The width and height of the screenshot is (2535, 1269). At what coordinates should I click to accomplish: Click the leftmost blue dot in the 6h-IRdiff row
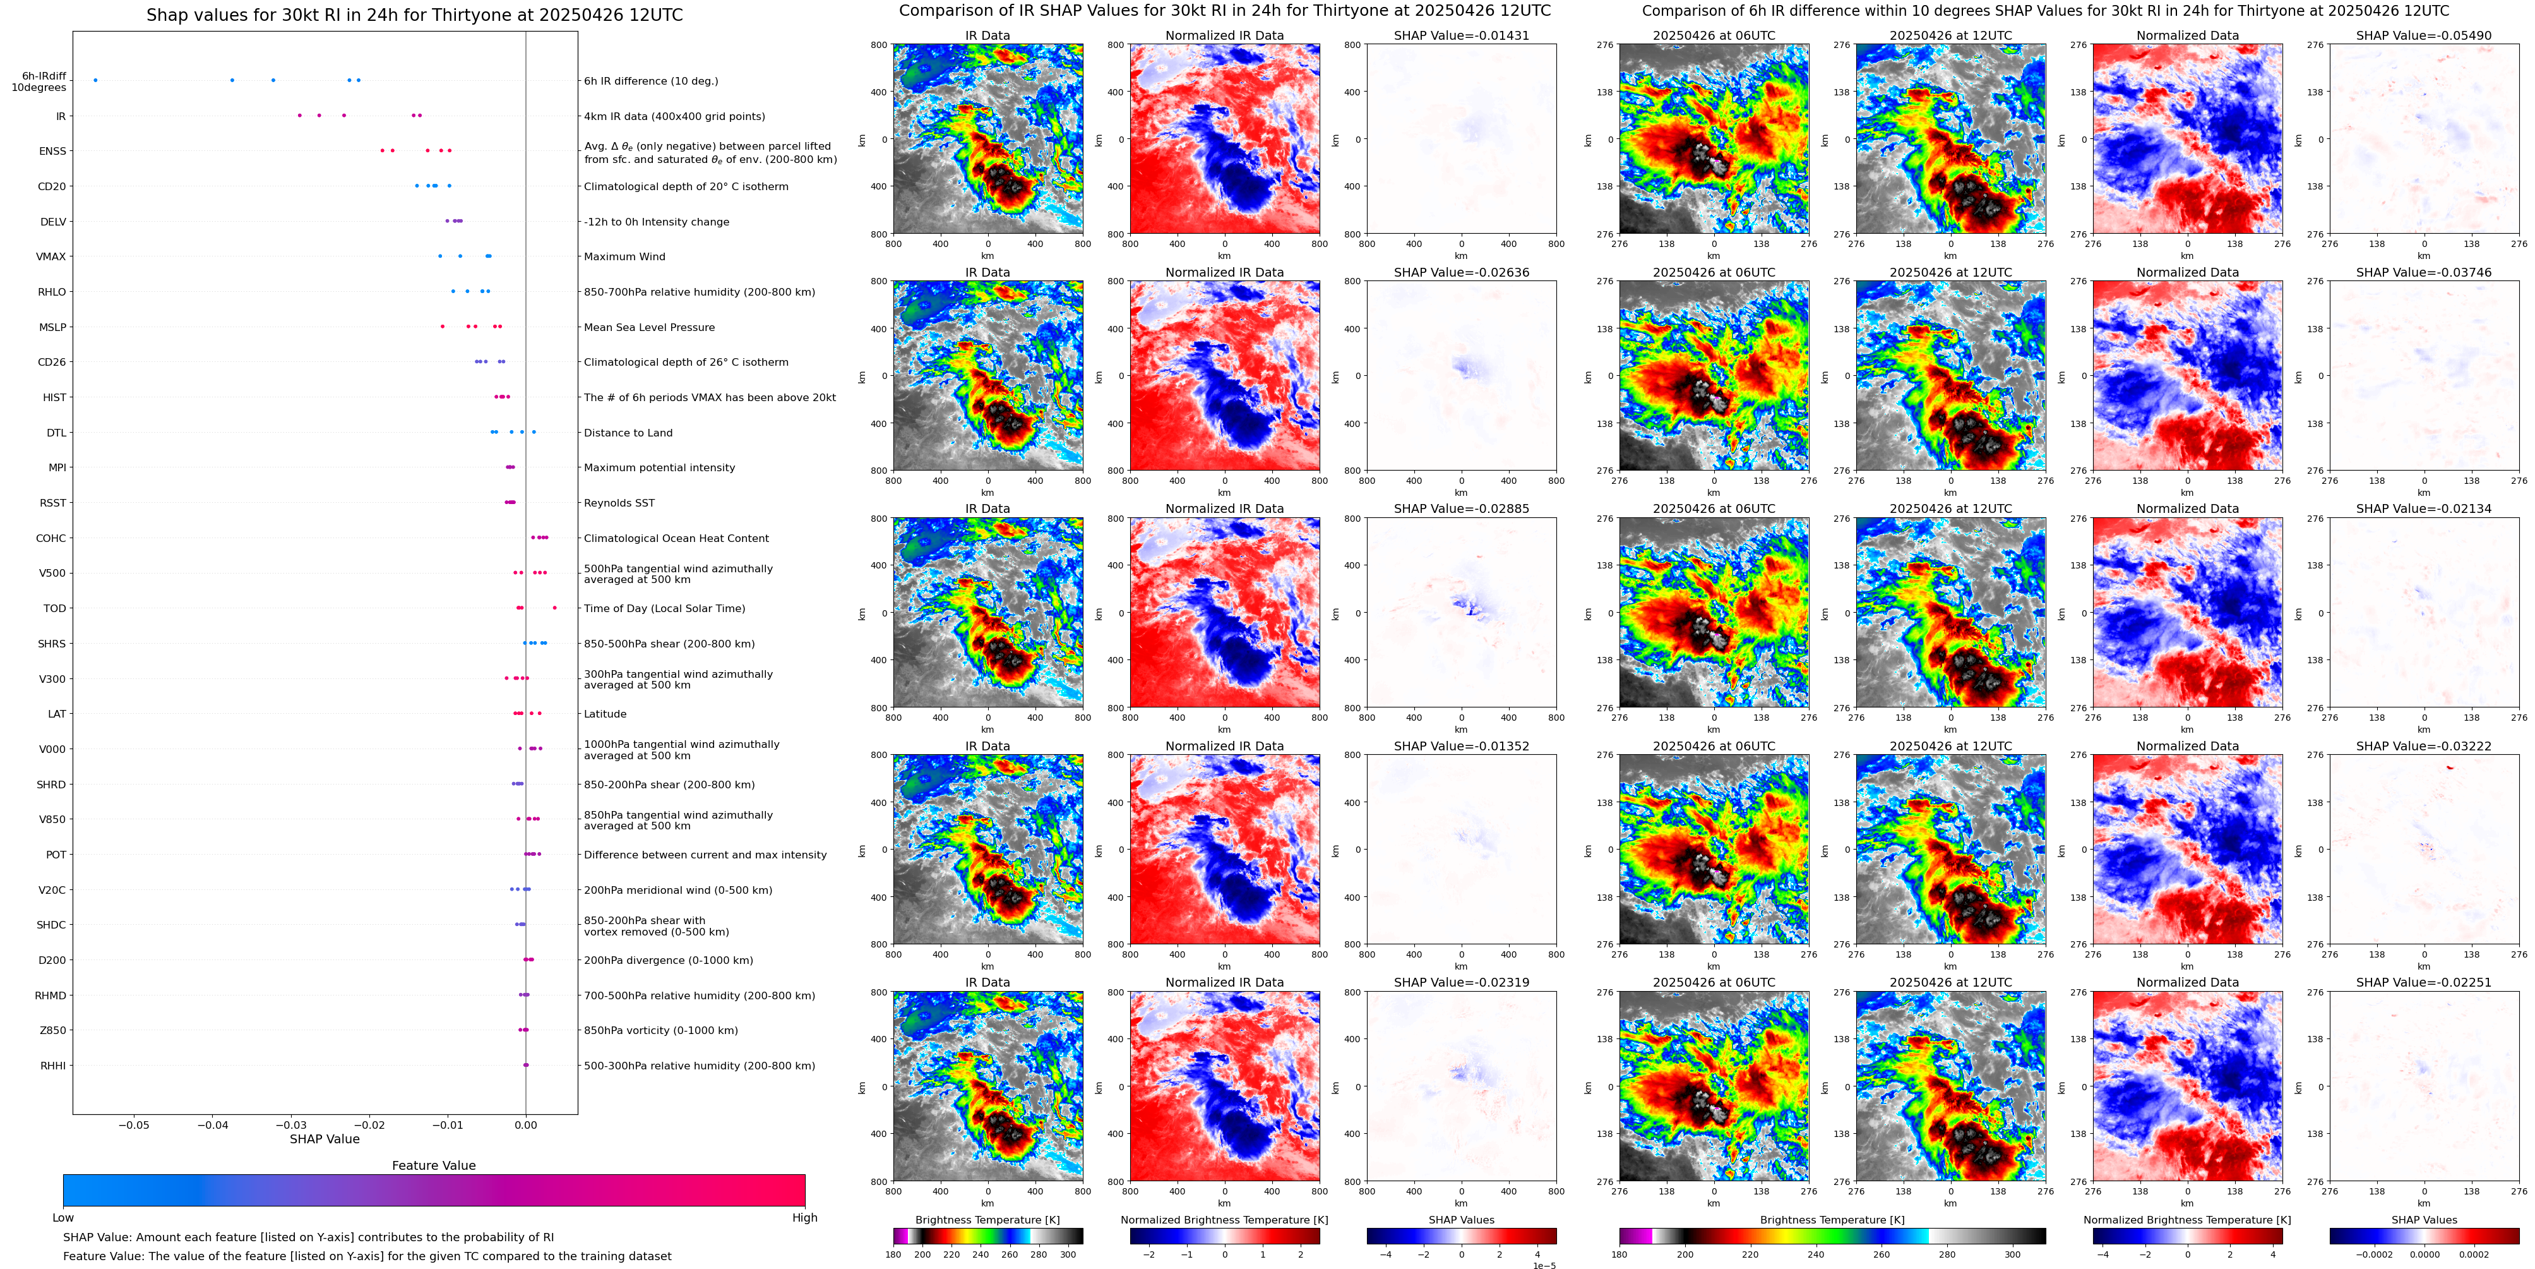95,80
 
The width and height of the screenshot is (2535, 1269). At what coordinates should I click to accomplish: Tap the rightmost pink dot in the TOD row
555,608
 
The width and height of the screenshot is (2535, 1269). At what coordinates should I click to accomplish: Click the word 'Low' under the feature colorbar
63,1218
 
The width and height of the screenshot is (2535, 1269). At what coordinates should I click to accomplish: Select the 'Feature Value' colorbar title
433,1165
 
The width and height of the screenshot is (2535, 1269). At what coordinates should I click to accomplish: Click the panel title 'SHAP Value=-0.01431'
1460,35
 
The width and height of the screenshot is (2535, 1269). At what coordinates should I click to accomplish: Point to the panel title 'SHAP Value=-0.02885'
1460,509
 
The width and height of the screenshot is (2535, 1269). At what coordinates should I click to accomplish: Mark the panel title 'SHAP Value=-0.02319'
1460,982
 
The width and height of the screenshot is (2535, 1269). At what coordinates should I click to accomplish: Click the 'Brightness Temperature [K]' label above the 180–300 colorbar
987,1220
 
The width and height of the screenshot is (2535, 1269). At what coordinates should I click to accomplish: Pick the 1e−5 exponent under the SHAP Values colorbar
1543,1265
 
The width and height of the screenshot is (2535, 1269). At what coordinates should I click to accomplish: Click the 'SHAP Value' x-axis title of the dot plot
324,1139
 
